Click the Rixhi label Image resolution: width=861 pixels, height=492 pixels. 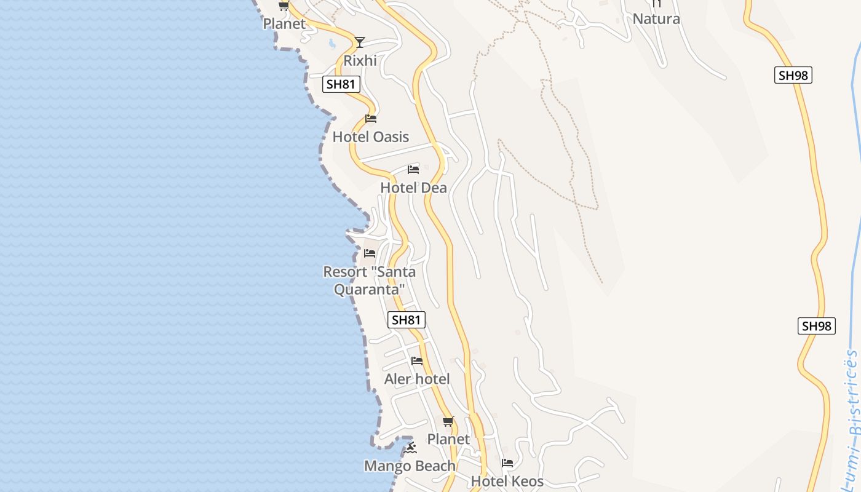(360, 60)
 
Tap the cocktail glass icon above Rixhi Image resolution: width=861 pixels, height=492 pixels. (360, 42)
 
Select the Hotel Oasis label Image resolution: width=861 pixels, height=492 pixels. (370, 137)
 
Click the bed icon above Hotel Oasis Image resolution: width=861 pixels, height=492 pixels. (371, 118)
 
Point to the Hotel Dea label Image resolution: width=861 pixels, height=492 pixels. (413, 188)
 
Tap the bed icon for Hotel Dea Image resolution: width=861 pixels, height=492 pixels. (413, 169)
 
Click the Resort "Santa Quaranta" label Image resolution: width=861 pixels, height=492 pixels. (369, 280)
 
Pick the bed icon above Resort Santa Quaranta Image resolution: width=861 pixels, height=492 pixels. (370, 253)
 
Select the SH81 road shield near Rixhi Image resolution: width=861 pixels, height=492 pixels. (341, 84)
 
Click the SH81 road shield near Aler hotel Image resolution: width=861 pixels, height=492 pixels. (407, 320)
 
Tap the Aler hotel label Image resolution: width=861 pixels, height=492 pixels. (417, 379)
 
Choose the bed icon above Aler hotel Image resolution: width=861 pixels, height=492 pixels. (417, 360)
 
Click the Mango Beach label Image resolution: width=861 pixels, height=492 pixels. (410, 466)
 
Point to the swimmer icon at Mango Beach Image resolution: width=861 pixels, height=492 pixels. (411, 447)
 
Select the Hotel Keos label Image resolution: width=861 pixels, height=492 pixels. (507, 481)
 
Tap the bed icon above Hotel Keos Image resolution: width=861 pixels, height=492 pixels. (507, 462)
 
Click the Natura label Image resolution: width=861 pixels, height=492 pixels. (656, 18)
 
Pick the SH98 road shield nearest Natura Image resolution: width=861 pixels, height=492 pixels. (793, 75)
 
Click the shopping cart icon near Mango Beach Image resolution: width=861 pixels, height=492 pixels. (448, 421)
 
